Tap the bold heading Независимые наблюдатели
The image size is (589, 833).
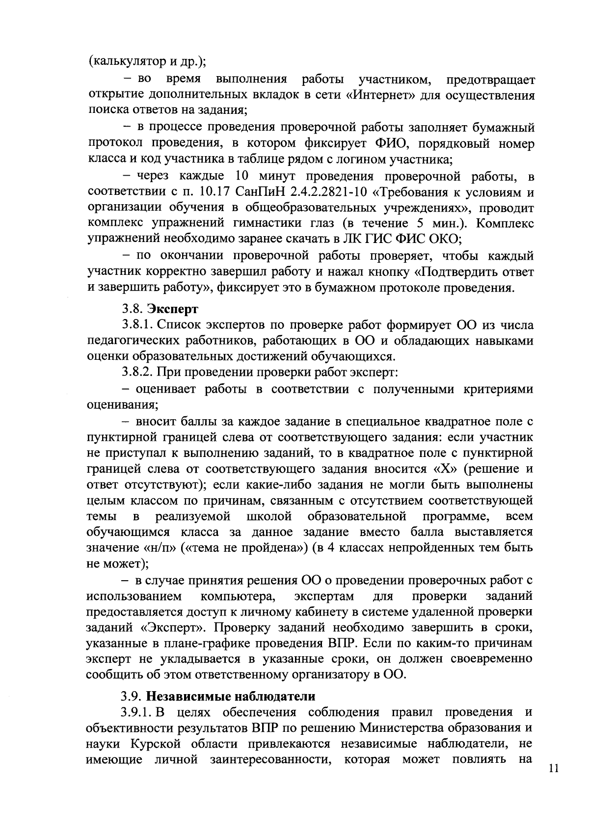coord(231,697)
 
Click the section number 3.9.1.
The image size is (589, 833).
coord(138,712)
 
